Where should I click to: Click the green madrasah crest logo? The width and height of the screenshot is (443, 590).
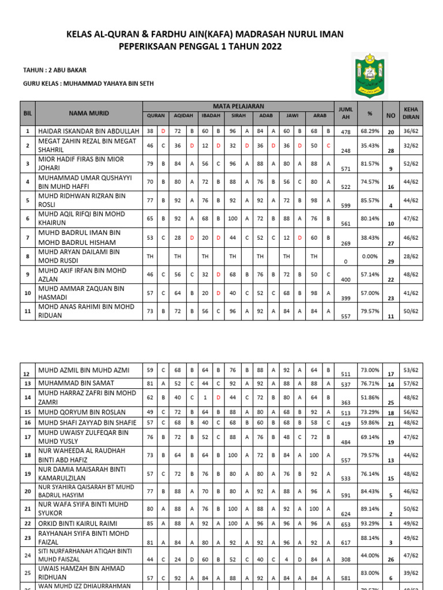tap(369, 75)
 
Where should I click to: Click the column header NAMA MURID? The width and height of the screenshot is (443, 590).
tap(89, 113)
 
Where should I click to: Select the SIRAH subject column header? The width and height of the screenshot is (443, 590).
tap(238, 115)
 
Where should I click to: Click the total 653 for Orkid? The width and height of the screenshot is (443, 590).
tap(346, 524)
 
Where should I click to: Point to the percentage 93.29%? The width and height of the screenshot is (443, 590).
tap(370, 523)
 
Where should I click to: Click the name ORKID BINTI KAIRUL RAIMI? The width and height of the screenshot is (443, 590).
tap(77, 523)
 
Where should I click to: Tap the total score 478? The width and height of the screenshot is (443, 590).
tap(346, 132)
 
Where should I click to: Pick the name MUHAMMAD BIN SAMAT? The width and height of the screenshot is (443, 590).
tap(76, 383)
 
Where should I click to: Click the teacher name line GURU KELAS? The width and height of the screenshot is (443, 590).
tap(88, 84)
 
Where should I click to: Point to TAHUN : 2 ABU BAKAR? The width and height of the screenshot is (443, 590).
tap(54, 70)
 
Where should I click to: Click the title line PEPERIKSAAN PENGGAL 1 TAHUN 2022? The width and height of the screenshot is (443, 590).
tap(201, 46)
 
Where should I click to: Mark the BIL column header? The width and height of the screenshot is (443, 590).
tap(28, 113)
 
